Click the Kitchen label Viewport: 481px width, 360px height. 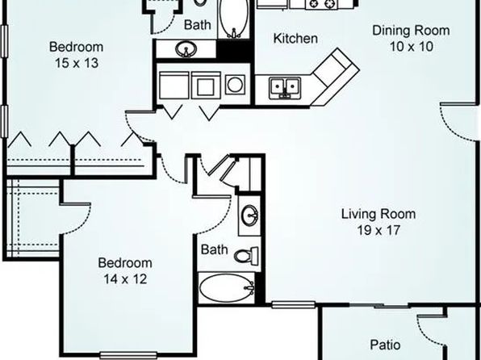[295, 39]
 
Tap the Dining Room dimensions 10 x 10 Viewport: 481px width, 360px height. [412, 47]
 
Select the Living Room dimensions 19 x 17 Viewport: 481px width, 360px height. [379, 230]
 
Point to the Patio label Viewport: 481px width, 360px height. [385, 345]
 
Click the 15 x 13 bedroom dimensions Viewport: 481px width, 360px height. [77, 63]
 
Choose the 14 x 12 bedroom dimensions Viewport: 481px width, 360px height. [125, 279]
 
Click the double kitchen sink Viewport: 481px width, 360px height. [285, 88]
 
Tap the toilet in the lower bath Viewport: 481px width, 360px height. [247, 255]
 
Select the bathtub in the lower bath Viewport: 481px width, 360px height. [227, 288]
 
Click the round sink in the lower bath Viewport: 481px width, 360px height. [249, 215]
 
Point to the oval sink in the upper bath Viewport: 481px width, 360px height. [186, 48]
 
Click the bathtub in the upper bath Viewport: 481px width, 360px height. [234, 19]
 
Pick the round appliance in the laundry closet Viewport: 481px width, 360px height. [235, 84]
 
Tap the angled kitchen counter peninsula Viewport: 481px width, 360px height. [335, 77]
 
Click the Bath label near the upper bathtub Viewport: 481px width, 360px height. [197, 24]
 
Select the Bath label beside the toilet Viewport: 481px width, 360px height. [214, 249]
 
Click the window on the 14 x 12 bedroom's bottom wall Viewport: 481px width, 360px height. [128, 355]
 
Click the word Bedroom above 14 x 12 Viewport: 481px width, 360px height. [125, 263]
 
